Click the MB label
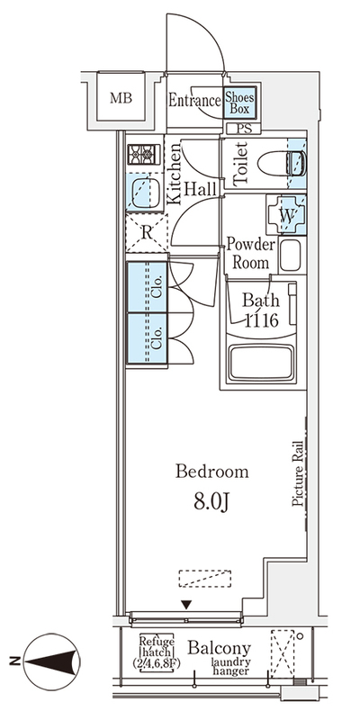[x=121, y=98]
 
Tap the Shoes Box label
[x=239, y=103]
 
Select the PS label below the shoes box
[x=244, y=129]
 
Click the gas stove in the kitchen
[x=144, y=154]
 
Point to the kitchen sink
[x=145, y=193]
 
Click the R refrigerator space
[x=147, y=233]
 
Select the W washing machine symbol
[x=287, y=215]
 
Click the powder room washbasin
[x=290, y=256]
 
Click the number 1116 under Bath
[x=260, y=320]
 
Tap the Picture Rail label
[x=298, y=474]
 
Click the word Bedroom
[x=212, y=472]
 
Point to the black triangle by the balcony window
[x=186, y=605]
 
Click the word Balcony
[x=220, y=648]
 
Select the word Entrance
[x=194, y=101]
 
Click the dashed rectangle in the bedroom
[x=205, y=579]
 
